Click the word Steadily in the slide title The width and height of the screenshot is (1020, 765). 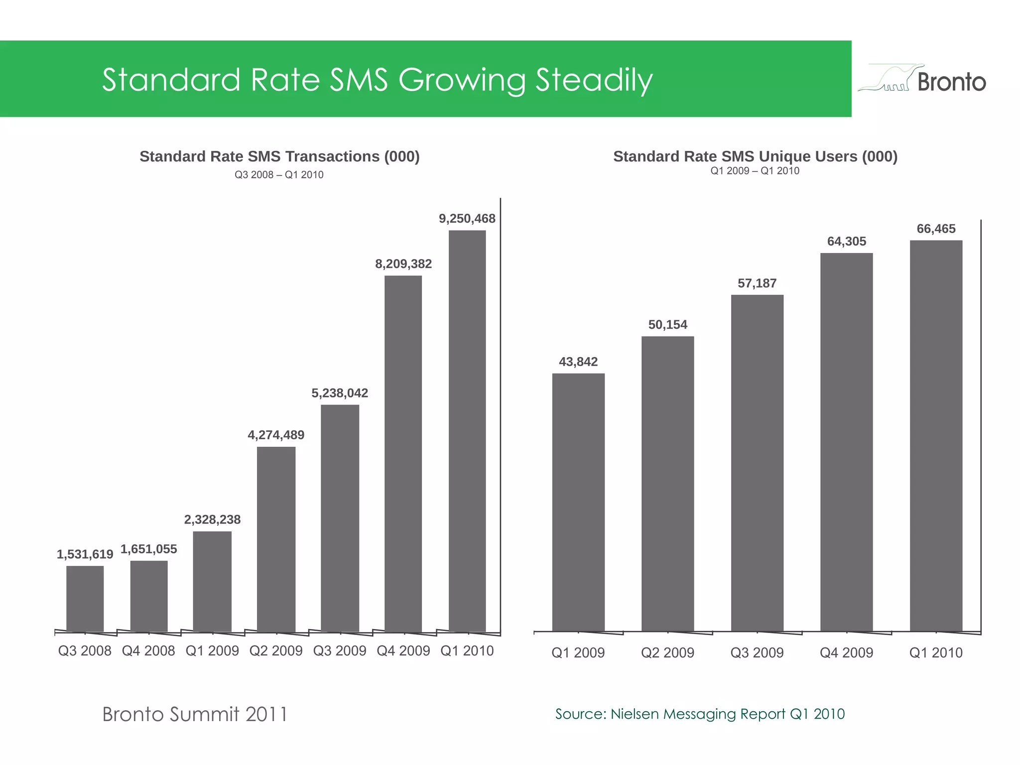(x=594, y=80)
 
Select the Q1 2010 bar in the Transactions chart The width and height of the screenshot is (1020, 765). (x=467, y=431)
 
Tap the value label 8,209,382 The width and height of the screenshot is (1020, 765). (x=403, y=264)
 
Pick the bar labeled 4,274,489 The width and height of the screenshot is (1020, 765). (x=276, y=539)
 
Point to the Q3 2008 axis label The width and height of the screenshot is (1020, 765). (x=85, y=651)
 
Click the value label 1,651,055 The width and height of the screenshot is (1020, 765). (x=149, y=549)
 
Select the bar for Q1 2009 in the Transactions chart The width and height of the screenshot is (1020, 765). (x=212, y=581)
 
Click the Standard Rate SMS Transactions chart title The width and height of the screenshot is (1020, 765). (x=279, y=156)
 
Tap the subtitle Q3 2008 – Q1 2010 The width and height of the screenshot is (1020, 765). (x=279, y=175)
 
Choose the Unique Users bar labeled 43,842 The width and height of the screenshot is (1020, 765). (x=578, y=502)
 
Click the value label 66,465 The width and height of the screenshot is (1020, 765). (x=936, y=229)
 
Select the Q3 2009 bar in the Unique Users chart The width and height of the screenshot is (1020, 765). (x=757, y=463)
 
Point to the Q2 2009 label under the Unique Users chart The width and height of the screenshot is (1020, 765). (x=667, y=652)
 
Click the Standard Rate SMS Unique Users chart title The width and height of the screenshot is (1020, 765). (x=755, y=156)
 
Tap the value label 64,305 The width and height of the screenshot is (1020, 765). (x=847, y=242)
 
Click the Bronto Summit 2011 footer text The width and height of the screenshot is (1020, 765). (x=195, y=714)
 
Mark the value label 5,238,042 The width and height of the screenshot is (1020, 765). (x=340, y=393)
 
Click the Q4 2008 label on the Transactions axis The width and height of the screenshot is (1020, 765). (x=148, y=651)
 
